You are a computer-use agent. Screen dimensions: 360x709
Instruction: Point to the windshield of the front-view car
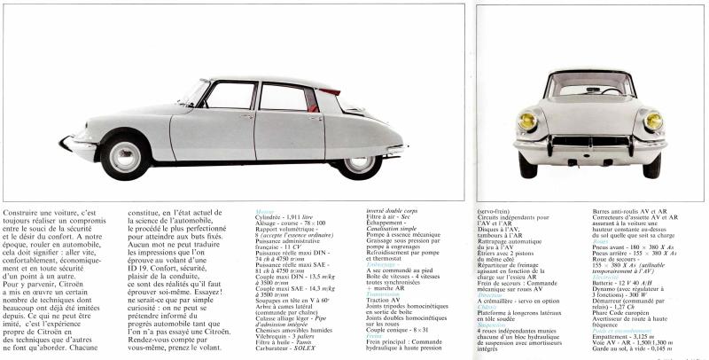pos(590,88)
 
